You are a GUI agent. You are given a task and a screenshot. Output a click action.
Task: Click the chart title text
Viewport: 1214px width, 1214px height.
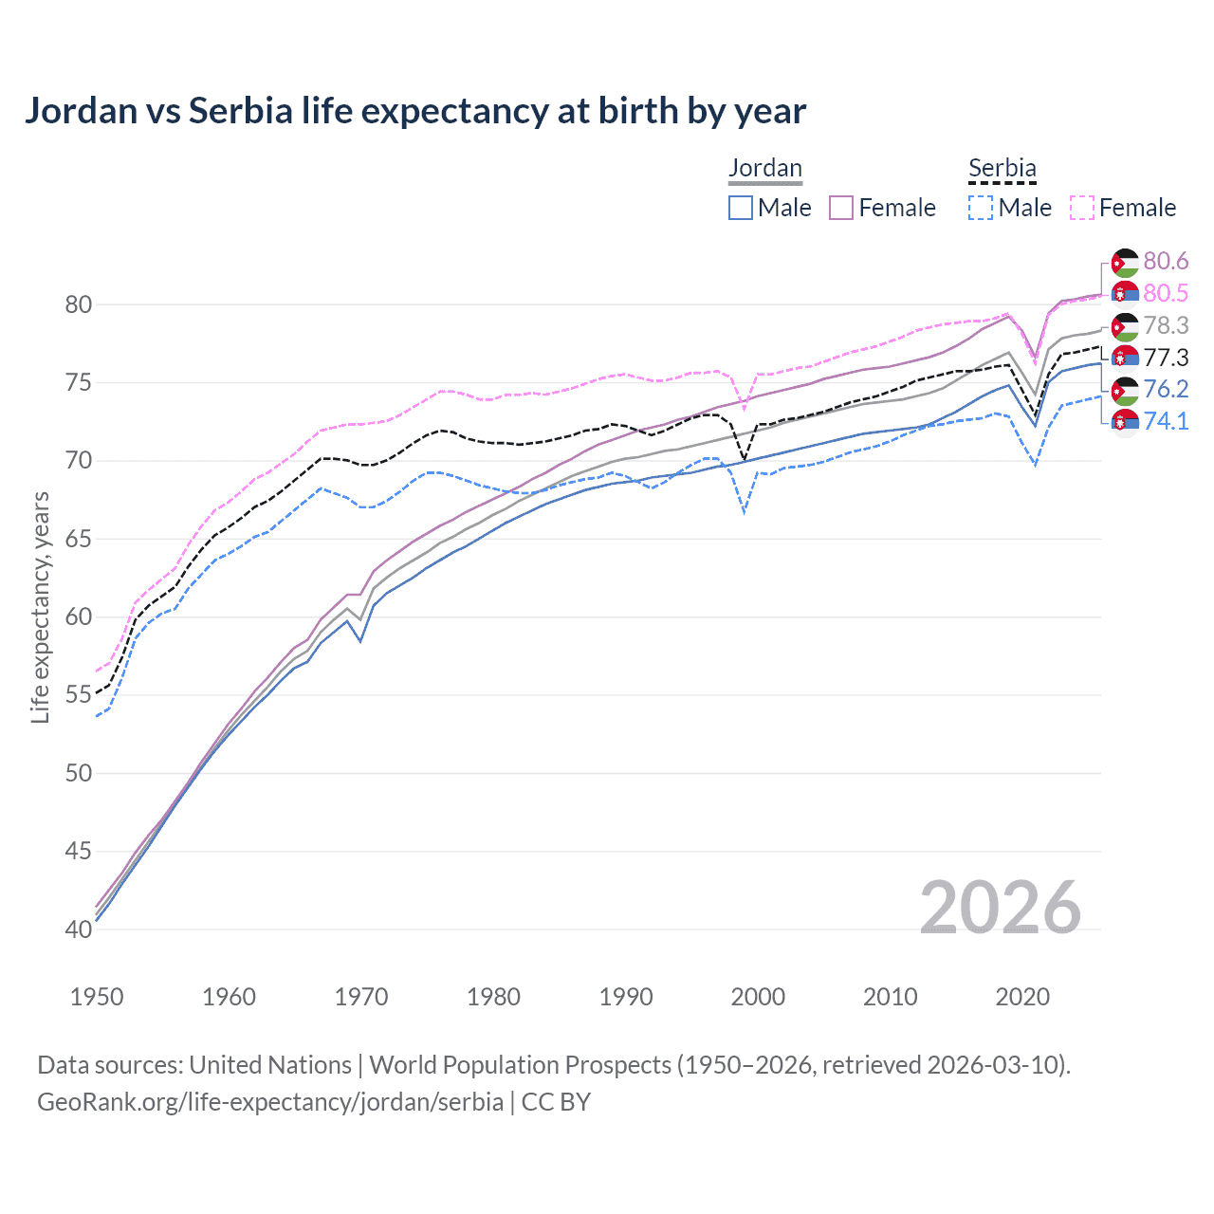(415, 111)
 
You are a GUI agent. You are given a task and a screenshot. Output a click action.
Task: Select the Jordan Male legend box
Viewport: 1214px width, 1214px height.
(741, 208)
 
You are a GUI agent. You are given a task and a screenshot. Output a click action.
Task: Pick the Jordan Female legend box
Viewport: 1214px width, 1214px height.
(841, 208)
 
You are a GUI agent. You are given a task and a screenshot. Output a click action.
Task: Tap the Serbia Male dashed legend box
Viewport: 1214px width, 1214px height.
(981, 208)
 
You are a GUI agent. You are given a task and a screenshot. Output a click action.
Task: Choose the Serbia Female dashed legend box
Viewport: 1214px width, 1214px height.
(1082, 208)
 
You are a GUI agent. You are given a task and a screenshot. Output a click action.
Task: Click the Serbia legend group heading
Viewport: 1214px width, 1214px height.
(1002, 169)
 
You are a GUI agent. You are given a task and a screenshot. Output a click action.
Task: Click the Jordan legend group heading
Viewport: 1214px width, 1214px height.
(764, 169)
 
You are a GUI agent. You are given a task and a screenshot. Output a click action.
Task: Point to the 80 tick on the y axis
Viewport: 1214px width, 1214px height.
(79, 304)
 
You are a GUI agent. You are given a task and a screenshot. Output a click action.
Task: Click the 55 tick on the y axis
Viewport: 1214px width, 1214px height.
(79, 695)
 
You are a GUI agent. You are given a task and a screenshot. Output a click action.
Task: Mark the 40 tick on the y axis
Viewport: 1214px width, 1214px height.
(79, 929)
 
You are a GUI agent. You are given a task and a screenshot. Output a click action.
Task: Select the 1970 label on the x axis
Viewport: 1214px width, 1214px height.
(361, 997)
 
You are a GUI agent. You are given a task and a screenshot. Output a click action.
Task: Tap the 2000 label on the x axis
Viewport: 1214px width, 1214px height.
(758, 997)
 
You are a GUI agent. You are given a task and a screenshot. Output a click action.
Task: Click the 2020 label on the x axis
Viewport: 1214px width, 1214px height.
(1022, 997)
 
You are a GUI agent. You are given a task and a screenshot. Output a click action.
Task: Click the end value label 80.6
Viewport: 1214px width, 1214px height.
(1166, 262)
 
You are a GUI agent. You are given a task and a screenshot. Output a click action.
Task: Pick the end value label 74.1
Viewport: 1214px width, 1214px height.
(1166, 421)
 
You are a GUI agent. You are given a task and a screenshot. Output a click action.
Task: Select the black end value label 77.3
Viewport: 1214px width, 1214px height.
(1166, 358)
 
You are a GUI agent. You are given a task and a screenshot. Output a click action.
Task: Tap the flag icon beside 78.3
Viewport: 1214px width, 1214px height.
(1125, 326)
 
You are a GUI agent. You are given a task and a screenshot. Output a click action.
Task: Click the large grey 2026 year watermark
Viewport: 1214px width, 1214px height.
(1000, 908)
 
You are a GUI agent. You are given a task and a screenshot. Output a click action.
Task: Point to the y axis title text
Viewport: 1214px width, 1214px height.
(40, 607)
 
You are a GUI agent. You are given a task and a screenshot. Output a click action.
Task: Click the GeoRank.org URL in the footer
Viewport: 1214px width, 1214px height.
(270, 1102)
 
